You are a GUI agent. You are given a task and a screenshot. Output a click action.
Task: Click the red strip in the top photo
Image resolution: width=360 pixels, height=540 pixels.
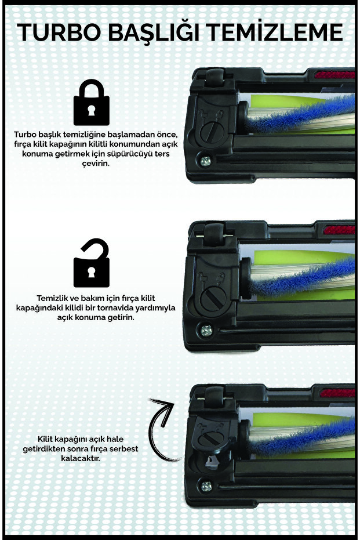(336, 74)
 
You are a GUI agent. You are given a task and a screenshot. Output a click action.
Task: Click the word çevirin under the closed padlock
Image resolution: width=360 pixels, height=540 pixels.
(92, 163)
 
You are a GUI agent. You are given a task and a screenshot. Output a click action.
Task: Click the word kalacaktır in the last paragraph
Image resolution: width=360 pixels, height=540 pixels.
(92, 458)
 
